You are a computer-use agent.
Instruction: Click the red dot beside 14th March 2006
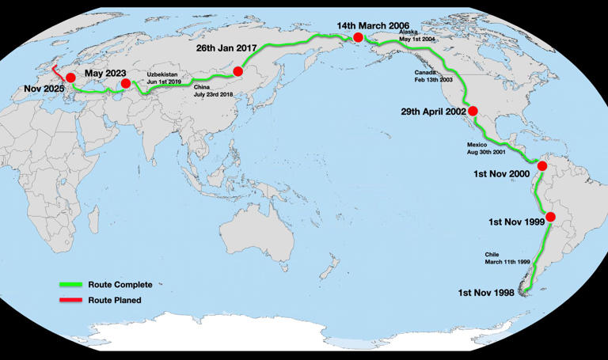[359, 37]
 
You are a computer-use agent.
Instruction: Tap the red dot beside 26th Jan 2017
[238, 71]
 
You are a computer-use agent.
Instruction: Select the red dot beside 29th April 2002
[473, 112]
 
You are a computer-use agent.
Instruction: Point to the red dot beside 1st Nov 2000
[542, 166]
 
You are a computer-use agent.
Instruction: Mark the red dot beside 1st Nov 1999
[551, 218]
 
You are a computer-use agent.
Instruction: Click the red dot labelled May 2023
[125, 83]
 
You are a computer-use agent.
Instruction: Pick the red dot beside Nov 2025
[70, 78]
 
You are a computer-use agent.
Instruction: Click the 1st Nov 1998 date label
[486, 293]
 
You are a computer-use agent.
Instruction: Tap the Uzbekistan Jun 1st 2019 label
[164, 78]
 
